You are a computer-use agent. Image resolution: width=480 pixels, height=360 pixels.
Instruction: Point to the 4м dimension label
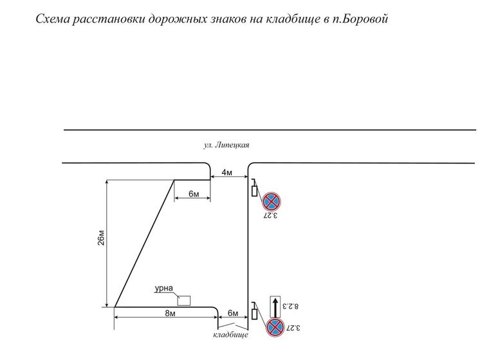pos(228,173)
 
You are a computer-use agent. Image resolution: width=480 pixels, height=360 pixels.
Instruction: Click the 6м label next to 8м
pos(233,314)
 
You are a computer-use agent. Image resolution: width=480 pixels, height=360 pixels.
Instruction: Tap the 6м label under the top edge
pos(194,194)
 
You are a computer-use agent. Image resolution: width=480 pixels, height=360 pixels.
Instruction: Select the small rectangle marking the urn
pos(184,299)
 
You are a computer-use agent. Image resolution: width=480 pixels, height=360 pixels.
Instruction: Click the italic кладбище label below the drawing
pos(230,335)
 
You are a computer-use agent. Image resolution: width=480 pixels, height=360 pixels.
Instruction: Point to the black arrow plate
pos(275,306)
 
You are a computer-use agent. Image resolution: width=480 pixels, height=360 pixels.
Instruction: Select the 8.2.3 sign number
pos(297,308)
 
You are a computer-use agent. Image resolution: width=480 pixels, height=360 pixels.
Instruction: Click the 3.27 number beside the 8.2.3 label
pos(296,328)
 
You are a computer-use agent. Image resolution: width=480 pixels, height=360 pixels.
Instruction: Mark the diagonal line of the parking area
pos(145,243)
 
